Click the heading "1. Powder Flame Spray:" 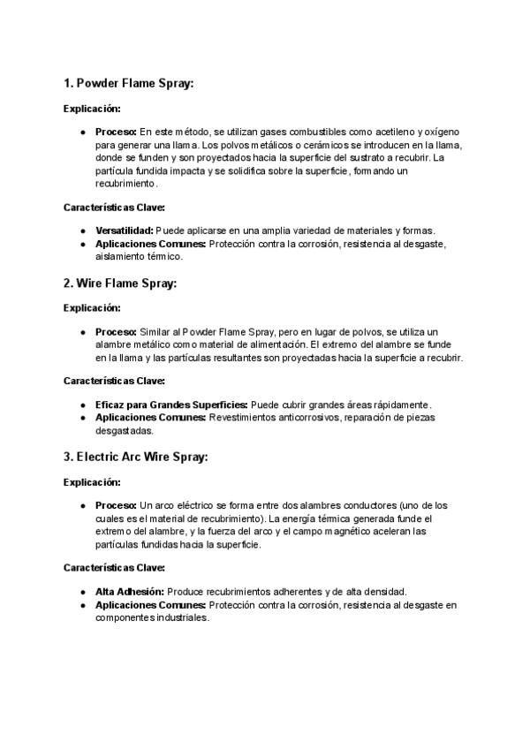click(x=128, y=84)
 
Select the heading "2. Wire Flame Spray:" click(x=120, y=284)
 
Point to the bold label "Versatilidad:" click(x=125, y=231)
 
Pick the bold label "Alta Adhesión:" click(x=129, y=591)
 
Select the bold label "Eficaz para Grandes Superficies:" click(x=171, y=405)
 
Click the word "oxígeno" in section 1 click(x=437, y=132)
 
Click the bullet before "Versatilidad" click(x=83, y=231)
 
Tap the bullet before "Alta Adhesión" click(x=83, y=591)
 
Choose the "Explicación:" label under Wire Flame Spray click(x=92, y=308)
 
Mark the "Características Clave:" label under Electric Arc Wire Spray click(x=114, y=567)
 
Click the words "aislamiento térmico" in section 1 click(x=138, y=256)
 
